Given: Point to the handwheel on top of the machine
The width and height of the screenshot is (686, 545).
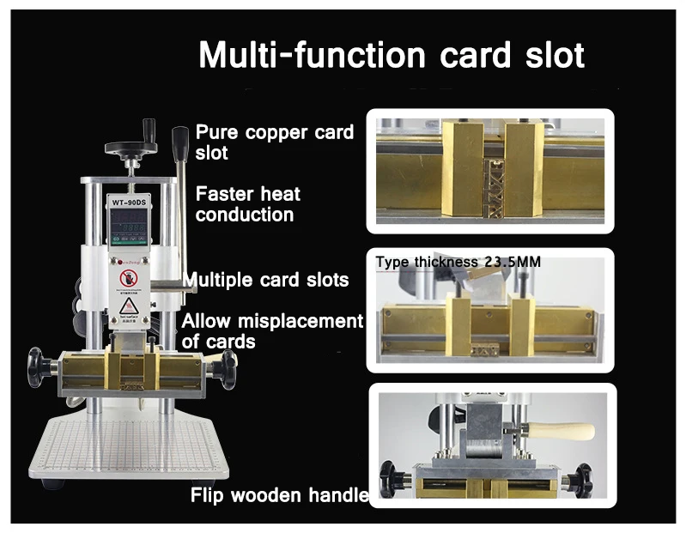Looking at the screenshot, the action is tap(131, 147).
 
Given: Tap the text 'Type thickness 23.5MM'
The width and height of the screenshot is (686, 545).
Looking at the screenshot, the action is tap(458, 261).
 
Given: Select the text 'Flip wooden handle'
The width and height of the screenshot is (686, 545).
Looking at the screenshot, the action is tap(279, 495).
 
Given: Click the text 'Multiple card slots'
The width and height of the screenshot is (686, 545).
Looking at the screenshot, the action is tap(266, 280).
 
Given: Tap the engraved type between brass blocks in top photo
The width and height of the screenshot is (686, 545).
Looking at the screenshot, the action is tap(492, 183).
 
